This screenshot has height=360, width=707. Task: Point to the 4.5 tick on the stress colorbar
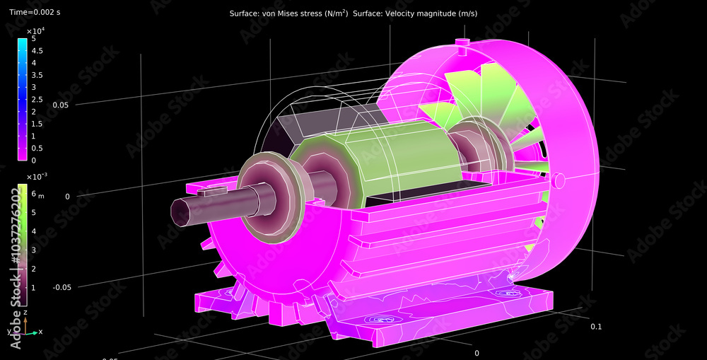[37, 51]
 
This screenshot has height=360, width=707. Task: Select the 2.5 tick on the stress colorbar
[37, 99]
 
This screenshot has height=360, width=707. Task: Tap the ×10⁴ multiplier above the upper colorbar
[35, 32]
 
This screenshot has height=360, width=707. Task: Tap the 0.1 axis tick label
[595, 327]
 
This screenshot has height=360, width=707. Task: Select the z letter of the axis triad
[25, 312]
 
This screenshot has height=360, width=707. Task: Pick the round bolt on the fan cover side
[559, 180]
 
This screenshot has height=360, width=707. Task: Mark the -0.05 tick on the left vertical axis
[63, 287]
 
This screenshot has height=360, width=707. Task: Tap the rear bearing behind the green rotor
[467, 149]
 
